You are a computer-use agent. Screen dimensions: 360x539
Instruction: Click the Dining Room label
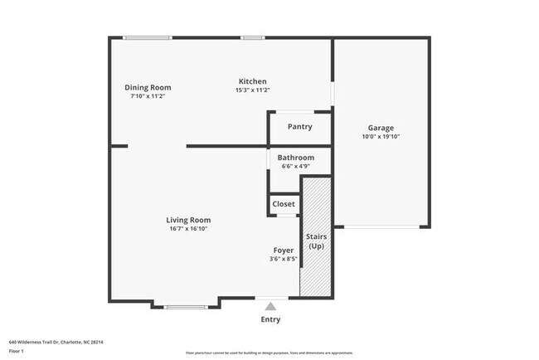click(148, 87)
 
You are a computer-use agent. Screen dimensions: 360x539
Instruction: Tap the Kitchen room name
click(252, 81)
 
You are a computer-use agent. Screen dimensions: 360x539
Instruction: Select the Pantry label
click(299, 127)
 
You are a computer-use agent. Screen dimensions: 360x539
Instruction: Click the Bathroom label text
click(295, 158)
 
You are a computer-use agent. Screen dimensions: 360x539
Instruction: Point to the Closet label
click(284, 204)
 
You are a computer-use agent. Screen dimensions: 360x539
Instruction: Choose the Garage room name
click(381, 129)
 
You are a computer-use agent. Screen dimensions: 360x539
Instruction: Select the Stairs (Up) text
click(317, 242)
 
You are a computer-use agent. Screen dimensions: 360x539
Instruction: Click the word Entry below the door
click(270, 319)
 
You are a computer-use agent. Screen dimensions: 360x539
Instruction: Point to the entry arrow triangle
click(270, 307)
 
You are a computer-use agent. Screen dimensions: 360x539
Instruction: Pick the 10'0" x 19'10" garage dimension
click(381, 138)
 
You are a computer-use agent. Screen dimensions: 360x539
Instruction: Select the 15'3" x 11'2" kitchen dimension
click(252, 90)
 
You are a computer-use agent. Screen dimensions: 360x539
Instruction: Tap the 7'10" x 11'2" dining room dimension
click(148, 96)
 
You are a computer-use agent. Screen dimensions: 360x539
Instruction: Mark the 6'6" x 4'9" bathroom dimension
click(295, 167)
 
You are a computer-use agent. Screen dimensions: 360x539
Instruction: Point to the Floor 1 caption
click(17, 350)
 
